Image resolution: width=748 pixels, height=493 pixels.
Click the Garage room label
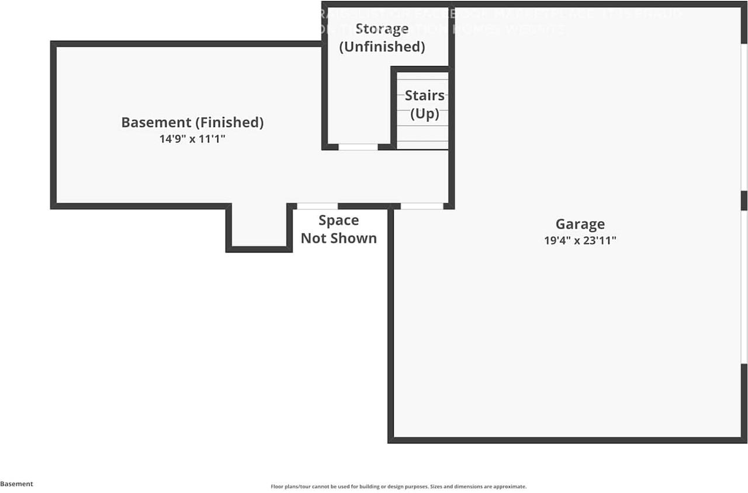(x=580, y=224)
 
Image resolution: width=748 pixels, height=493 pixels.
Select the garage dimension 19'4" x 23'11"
(x=580, y=240)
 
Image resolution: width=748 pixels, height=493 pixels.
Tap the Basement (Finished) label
(x=192, y=122)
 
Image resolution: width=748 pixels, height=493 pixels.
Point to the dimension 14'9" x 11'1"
(x=192, y=140)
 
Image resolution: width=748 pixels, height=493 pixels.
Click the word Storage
(x=382, y=29)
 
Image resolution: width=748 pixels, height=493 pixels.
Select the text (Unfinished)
(x=382, y=47)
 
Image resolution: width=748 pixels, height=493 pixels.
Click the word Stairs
(x=424, y=95)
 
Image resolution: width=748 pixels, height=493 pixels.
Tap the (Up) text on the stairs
(x=424, y=113)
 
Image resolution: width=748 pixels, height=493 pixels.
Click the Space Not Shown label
(x=338, y=229)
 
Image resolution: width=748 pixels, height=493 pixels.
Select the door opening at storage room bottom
(x=358, y=147)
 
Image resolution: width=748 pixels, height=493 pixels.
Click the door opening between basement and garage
(x=421, y=206)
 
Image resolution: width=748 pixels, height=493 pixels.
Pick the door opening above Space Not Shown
(x=317, y=206)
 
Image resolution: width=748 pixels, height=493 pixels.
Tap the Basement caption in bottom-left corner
(x=16, y=484)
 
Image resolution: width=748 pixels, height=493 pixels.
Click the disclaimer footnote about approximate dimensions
(x=398, y=487)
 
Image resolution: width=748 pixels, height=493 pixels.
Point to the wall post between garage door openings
(x=744, y=200)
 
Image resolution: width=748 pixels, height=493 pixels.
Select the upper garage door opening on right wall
(x=744, y=117)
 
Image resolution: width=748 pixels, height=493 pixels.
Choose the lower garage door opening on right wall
(x=744, y=287)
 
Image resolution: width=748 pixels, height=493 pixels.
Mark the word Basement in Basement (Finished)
(x=156, y=122)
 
